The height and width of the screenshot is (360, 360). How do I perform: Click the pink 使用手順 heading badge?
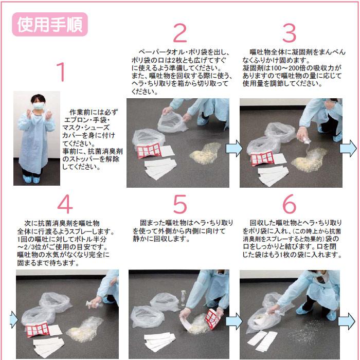point(50,24)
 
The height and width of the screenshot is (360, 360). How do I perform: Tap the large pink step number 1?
point(61,71)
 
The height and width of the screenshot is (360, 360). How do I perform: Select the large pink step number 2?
point(180,33)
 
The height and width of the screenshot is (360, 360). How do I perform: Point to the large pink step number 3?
point(289,33)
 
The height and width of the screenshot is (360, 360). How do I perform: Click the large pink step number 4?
point(65,204)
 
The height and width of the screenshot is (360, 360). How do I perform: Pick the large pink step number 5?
point(180,204)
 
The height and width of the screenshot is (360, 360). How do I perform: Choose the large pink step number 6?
point(289,204)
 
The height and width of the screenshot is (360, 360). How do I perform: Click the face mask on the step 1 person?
point(38,106)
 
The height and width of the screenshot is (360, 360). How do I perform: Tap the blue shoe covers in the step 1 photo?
point(31,179)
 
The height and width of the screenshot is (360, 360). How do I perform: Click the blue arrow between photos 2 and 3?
point(234,149)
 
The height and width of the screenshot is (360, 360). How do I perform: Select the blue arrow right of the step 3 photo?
point(348,149)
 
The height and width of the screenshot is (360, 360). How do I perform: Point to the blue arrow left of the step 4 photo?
point(13,319)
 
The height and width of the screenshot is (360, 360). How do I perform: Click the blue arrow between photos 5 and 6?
point(234,321)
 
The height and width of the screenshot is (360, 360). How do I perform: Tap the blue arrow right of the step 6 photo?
point(347,321)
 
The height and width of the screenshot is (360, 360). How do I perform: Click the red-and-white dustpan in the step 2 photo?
point(149,150)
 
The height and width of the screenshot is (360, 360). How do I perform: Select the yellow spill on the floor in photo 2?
point(206,153)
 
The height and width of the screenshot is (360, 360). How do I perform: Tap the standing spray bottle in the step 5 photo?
point(183,298)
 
